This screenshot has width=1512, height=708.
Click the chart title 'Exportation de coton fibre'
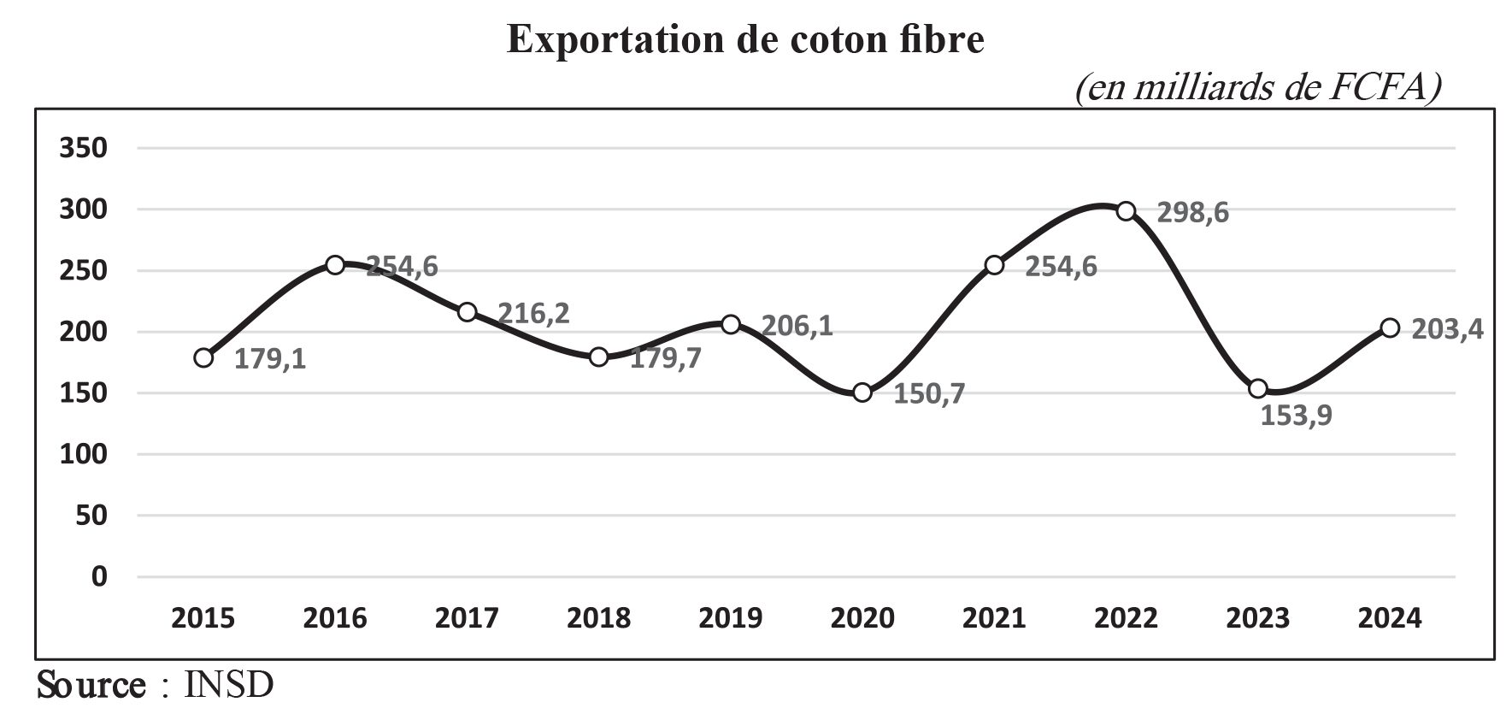745,40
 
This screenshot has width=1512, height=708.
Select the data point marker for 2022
1127,211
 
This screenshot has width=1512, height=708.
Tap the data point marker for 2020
862,392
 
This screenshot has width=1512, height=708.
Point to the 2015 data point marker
203,357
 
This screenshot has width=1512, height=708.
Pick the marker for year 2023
1258,388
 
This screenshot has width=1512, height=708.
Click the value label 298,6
1192,213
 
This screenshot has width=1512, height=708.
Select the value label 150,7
929,394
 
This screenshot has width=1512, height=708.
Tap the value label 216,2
533,313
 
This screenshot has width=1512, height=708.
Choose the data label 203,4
1448,328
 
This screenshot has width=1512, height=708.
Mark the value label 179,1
270,359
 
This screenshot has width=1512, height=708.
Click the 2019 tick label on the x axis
730,617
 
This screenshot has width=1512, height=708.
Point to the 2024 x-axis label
1390,617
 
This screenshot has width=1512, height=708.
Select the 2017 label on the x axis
467,617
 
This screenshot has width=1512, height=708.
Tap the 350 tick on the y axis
83,148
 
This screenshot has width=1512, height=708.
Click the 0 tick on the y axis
99,576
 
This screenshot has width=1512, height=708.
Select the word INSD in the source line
229,686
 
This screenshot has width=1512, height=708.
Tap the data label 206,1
797,326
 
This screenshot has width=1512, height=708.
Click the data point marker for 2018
598,357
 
